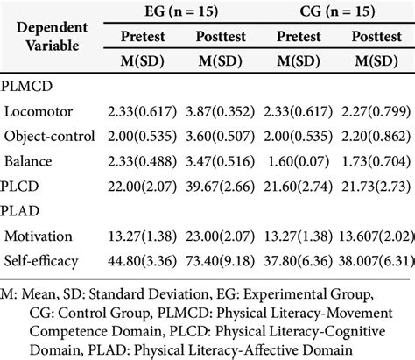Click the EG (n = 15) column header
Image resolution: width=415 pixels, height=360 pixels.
186,13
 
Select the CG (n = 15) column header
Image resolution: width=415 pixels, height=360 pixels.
338,13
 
